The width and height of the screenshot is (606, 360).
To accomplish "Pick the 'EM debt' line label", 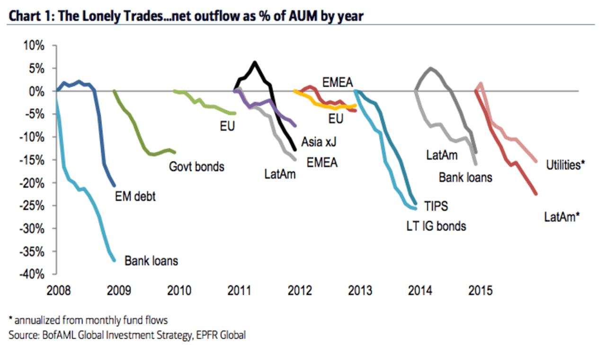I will tap(135, 196).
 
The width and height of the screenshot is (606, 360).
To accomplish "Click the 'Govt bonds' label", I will tap(196, 167).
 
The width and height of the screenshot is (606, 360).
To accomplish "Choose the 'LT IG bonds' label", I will tap(436, 226).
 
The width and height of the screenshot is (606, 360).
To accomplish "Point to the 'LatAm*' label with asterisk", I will tap(562, 217).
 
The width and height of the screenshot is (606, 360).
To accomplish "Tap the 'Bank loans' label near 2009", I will tap(151, 261).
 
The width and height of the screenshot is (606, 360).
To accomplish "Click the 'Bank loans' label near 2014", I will tap(465, 178).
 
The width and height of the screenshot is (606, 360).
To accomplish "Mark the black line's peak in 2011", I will tap(255, 62).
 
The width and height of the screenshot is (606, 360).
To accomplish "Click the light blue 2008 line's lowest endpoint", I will tap(114, 260).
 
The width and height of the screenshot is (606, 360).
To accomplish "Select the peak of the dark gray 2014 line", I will tap(430, 68).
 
